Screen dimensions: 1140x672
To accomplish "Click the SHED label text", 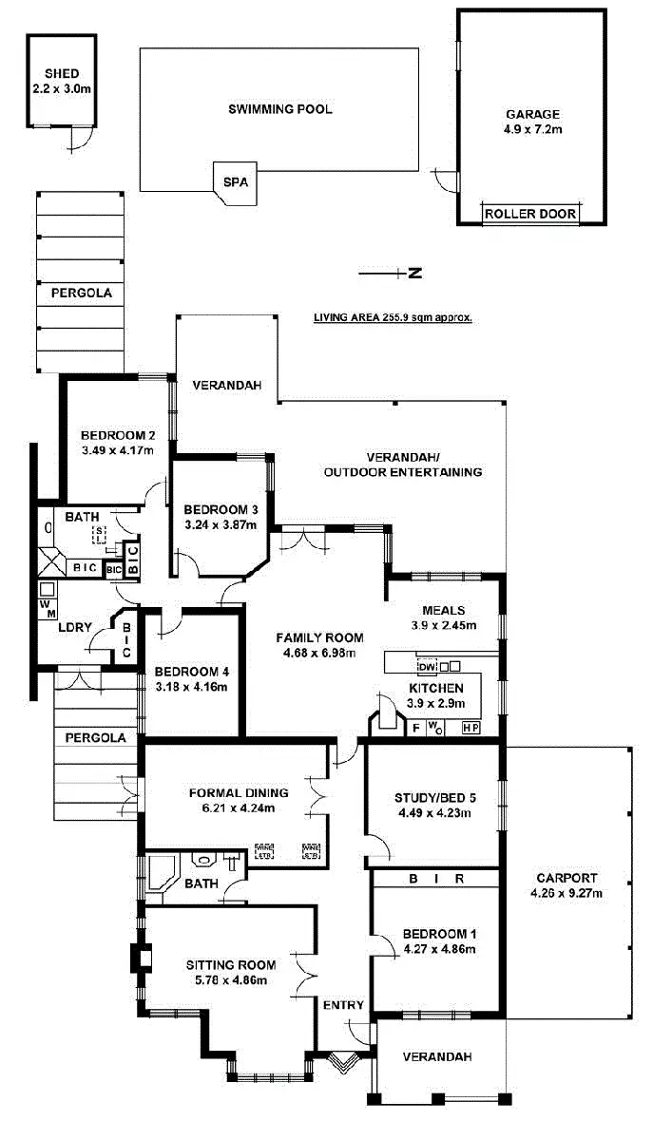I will pos(61,74).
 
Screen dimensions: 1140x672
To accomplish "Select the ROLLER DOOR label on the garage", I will pos(530,214).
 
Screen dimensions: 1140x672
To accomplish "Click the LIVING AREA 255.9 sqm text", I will pos(393,318).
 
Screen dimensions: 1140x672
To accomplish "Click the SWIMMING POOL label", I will pos(280,109).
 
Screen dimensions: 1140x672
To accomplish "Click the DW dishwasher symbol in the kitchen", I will pos(427,667).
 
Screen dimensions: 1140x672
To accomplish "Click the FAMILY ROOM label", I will pos(315,637).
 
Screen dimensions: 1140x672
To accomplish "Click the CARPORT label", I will pos(566,879).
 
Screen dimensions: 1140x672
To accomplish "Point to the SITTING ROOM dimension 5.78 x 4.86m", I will pos(226,980).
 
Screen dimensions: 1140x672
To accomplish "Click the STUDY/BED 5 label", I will pos(432,797).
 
